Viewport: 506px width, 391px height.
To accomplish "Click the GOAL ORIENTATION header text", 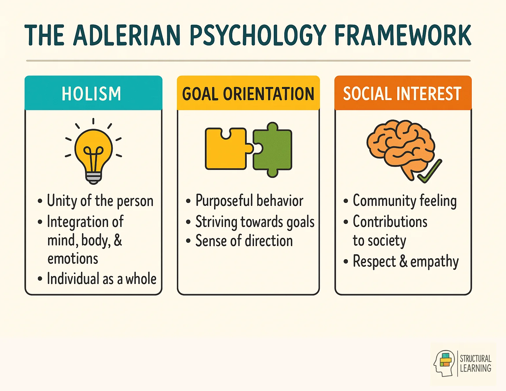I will point(248,94).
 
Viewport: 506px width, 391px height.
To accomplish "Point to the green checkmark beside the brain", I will point(430,172).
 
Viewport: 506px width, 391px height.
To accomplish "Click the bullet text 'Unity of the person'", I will point(100,201).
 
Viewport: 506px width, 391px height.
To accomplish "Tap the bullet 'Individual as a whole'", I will point(101,279).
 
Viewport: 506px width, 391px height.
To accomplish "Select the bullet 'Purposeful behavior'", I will point(249,201).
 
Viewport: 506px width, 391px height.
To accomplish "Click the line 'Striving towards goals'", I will point(255,222).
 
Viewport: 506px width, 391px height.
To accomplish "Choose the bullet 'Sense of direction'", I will point(244,241).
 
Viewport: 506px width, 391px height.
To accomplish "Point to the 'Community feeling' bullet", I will point(405,201).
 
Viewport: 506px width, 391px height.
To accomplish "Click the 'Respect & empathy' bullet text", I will point(406,262).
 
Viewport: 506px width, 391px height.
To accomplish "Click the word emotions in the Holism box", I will point(73,259).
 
